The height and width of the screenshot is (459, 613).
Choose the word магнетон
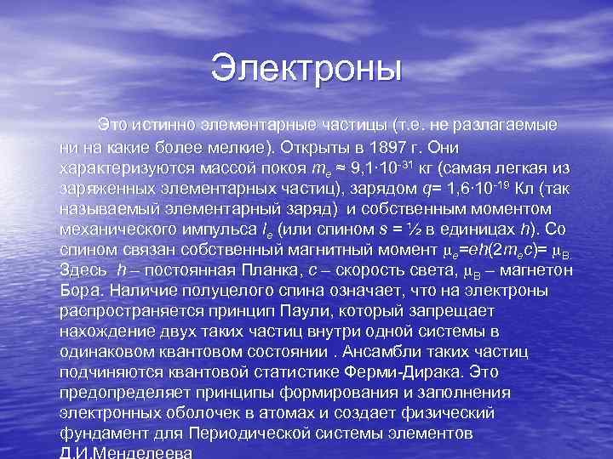[x=535, y=269]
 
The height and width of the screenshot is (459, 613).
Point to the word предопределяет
[x=126, y=391]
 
